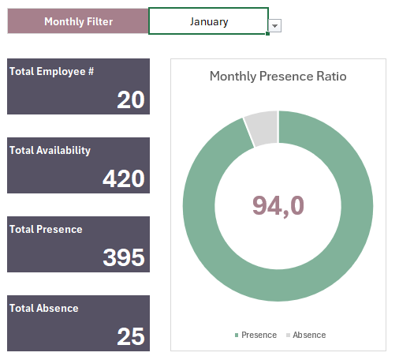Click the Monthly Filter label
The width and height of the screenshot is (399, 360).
coord(77,21)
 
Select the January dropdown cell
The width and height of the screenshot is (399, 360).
coord(208,21)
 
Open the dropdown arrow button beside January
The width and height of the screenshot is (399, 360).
coord(274,26)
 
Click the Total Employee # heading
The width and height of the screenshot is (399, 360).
coord(52,71)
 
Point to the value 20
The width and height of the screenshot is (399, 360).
coord(131,99)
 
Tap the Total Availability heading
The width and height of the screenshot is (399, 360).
coord(50,150)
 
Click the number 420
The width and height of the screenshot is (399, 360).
coord(124,178)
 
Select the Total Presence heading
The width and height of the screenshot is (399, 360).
coord(46,229)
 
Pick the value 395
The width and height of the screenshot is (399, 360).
coord(124,257)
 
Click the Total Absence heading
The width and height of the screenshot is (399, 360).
coord(44,308)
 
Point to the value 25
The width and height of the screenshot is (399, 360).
coord(131,336)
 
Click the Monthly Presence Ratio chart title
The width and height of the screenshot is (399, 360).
coord(278,77)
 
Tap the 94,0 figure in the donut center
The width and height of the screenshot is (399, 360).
coord(278,205)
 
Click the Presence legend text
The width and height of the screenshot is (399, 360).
coord(259,335)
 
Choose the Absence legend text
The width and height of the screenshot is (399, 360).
coord(309,335)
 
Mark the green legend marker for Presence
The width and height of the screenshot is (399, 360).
coord(237,336)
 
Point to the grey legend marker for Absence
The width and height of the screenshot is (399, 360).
coord(287,336)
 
